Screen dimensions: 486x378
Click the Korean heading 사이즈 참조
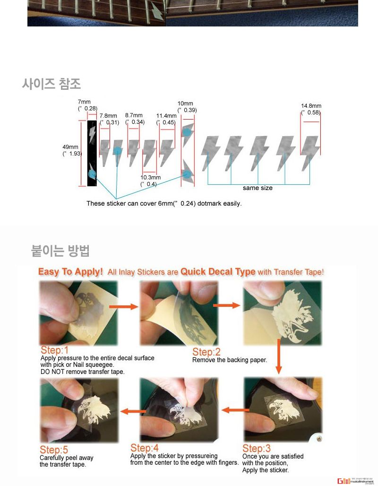[x=51, y=84]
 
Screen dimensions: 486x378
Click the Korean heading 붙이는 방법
[x=60, y=250]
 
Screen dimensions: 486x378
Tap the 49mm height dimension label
[x=71, y=150]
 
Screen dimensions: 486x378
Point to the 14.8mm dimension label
[x=311, y=109]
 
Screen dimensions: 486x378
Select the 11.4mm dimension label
[x=166, y=119]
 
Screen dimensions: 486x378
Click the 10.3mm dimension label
[x=150, y=181]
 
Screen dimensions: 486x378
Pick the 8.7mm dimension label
[x=134, y=118]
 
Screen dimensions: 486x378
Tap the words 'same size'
[x=258, y=188]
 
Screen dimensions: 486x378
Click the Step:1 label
[x=54, y=350]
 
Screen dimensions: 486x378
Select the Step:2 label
[x=206, y=352]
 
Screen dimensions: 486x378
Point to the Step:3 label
[x=257, y=448]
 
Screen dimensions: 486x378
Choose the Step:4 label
[x=145, y=448]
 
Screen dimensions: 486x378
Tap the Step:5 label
[x=54, y=450]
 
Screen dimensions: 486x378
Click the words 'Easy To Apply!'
[x=70, y=272]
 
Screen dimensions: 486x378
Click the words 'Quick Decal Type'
[x=218, y=272]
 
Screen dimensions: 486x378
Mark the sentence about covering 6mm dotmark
[x=164, y=204]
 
